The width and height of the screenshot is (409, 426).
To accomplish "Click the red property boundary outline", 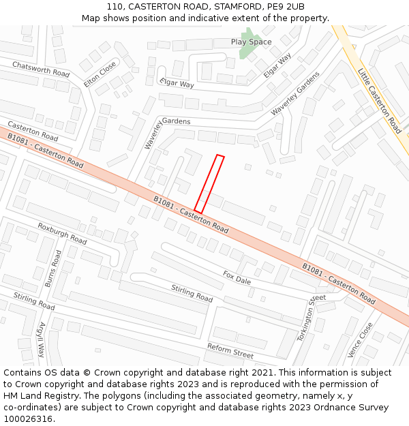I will (209, 183).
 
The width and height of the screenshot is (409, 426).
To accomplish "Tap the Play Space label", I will (251, 42).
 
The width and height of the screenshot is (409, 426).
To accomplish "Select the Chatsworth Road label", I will (41, 68).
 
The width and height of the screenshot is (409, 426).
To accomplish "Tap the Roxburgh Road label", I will (62, 234).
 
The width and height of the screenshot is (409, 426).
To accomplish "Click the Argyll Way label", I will (42, 339).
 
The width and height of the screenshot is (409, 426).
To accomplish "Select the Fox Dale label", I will (237, 278).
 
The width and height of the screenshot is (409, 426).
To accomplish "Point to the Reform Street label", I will (230, 351).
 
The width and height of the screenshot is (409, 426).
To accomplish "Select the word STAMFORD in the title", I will (226, 7).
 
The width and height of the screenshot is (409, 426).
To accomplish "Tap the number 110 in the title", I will (115, 7).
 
